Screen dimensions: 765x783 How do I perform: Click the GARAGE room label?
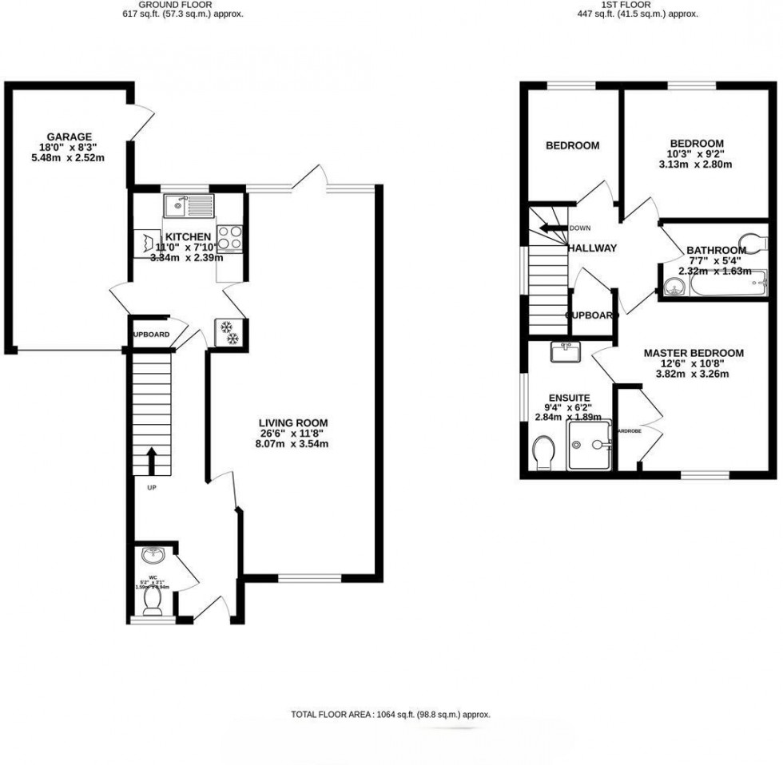click(69, 136)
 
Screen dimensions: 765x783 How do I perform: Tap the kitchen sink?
click(189, 206)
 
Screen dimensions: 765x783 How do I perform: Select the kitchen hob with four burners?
click(230, 238)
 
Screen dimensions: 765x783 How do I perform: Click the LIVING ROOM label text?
click(293, 422)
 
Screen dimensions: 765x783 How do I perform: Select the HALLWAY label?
click(592, 248)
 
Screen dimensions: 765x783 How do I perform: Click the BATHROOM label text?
click(717, 250)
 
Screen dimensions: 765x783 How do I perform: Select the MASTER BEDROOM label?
click(694, 353)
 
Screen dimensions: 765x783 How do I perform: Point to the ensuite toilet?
click(544, 452)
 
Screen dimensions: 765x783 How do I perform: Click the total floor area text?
click(391, 715)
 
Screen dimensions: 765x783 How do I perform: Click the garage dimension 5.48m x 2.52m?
click(69, 157)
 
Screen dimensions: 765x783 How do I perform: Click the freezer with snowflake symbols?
click(229, 333)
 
